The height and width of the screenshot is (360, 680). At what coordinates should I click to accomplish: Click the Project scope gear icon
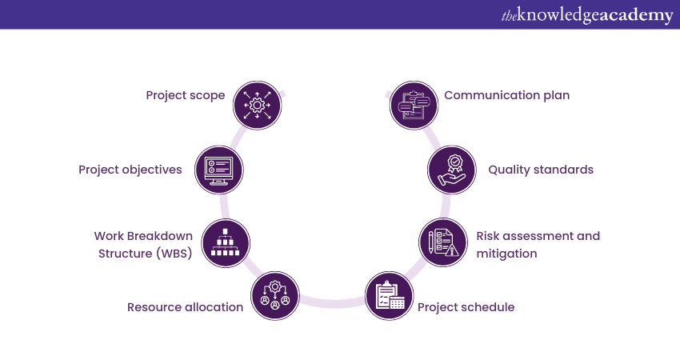(257, 105)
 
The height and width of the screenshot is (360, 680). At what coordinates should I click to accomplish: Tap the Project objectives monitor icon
(219, 170)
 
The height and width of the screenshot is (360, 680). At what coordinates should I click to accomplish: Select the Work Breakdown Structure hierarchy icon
(226, 243)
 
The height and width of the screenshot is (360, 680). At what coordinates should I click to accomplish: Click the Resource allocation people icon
(275, 296)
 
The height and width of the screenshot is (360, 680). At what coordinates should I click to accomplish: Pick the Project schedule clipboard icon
(389, 296)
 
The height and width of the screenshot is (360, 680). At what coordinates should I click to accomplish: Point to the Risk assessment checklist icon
(443, 242)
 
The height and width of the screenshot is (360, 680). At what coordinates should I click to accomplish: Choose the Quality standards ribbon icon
(452, 170)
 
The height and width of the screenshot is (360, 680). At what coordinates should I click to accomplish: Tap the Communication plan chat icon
(414, 105)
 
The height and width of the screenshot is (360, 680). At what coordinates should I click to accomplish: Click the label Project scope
(185, 95)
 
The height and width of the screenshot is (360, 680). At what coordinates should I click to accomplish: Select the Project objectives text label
(130, 170)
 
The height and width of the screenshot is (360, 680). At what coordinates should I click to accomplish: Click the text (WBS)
(174, 254)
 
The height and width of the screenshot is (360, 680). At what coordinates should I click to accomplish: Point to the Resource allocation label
(185, 307)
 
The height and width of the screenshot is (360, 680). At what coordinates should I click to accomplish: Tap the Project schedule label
(466, 307)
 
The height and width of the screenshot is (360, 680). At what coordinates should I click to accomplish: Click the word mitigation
(506, 254)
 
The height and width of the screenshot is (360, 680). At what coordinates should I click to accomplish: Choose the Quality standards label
(541, 170)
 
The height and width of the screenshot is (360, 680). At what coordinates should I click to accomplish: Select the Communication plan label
(507, 95)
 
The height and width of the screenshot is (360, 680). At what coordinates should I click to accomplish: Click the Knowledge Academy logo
(587, 14)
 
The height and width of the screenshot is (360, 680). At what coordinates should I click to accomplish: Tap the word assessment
(538, 236)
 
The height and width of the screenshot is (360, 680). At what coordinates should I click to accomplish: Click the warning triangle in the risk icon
(452, 250)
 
